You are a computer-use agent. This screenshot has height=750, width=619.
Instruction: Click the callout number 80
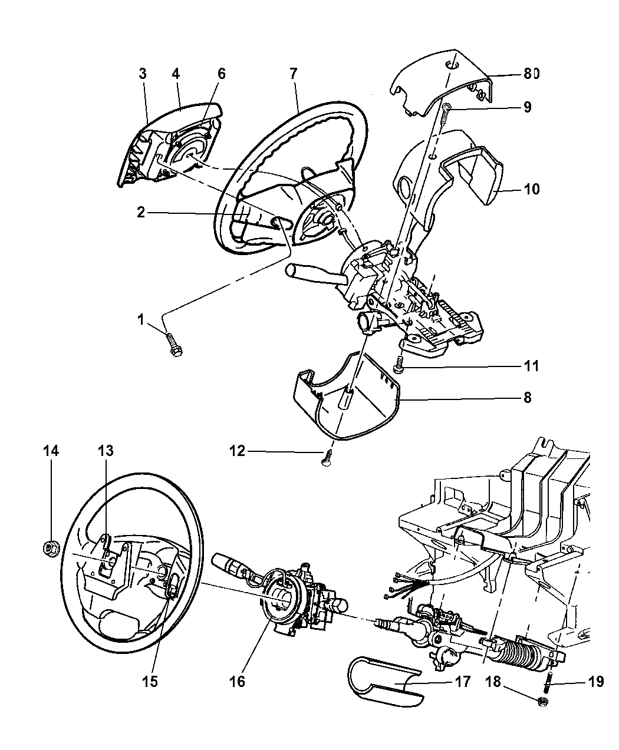(x=531, y=74)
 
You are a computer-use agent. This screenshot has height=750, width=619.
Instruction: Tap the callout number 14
(x=51, y=451)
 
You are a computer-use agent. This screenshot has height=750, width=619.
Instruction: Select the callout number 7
(x=293, y=74)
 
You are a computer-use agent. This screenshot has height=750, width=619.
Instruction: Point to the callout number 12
(x=238, y=452)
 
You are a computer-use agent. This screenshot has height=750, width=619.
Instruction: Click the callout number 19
(x=595, y=682)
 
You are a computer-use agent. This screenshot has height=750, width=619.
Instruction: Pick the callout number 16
(x=238, y=682)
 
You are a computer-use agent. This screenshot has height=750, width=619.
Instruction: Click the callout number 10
(x=531, y=189)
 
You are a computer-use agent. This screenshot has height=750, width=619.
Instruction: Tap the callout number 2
(x=140, y=213)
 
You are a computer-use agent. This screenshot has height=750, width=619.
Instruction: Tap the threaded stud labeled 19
(x=546, y=684)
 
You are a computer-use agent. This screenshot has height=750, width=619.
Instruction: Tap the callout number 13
(x=106, y=451)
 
